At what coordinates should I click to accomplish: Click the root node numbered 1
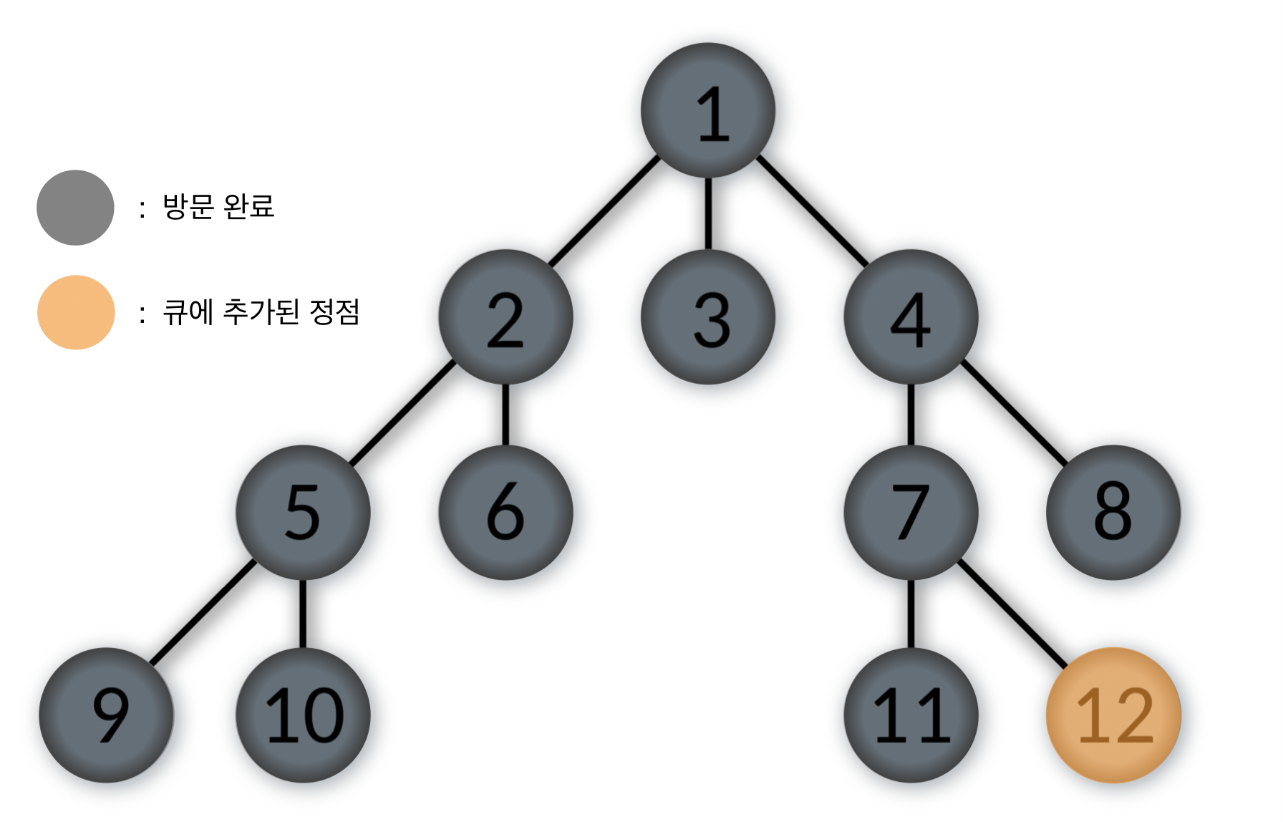[x=707, y=110]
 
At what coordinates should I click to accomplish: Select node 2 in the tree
[x=505, y=317]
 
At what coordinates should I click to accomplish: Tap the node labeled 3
[x=707, y=317]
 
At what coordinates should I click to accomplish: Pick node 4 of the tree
[x=911, y=317]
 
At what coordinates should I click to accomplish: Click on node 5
[x=303, y=512]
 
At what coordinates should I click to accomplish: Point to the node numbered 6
[x=505, y=512]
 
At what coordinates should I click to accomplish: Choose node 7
[x=911, y=512]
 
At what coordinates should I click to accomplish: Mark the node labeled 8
[x=1113, y=512]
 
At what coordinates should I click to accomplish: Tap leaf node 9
[x=106, y=715]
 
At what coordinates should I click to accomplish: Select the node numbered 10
[x=303, y=715]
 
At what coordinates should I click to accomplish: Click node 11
[x=911, y=715]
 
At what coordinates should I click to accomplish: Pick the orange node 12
[x=1113, y=715]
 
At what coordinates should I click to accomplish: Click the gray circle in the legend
[x=75, y=208]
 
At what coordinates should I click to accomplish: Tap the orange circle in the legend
[x=76, y=312]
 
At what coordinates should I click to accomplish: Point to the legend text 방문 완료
[x=218, y=206]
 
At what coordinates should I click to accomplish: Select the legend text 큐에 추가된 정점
[x=261, y=311]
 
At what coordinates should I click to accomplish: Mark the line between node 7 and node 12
[x=1011, y=613]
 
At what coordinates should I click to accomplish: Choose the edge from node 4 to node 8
[x=1012, y=412]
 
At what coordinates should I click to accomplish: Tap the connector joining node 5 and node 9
[x=203, y=612]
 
